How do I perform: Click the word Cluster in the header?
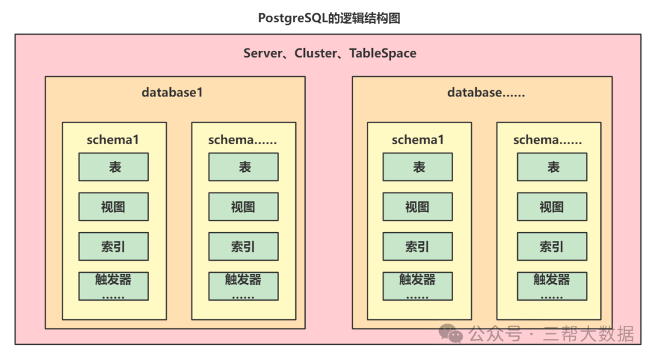(x=315, y=53)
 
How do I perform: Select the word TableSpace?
(x=383, y=53)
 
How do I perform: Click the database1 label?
(x=172, y=93)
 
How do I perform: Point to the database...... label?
(x=486, y=93)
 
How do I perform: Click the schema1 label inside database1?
(x=113, y=140)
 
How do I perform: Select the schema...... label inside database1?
(x=243, y=140)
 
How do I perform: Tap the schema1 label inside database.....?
(x=418, y=140)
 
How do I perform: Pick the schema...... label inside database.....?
(x=548, y=140)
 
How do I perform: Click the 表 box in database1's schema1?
(x=113, y=167)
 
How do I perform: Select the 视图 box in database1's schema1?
(x=113, y=207)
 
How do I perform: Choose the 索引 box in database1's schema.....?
(x=243, y=247)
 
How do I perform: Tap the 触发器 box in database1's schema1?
(x=113, y=286)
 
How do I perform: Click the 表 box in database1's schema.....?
(x=243, y=167)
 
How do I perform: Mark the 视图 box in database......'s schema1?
(x=417, y=207)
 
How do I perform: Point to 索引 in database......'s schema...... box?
(x=552, y=247)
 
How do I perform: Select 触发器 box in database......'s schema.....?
(x=552, y=286)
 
